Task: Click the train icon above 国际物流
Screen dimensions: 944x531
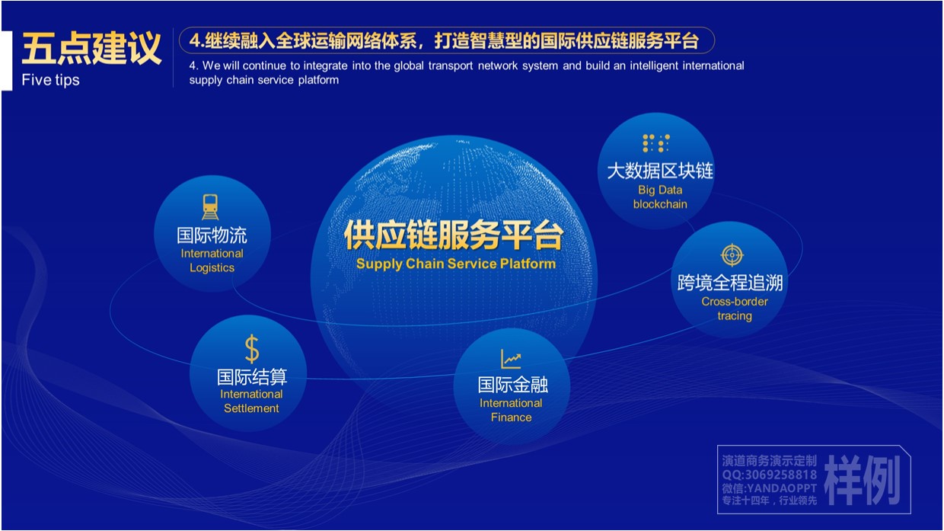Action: pyautogui.click(x=210, y=207)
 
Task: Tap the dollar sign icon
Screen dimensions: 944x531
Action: pyautogui.click(x=252, y=348)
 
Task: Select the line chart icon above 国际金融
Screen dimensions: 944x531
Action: pyautogui.click(x=511, y=359)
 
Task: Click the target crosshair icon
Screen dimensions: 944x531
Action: pyautogui.click(x=732, y=254)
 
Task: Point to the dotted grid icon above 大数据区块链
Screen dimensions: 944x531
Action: pyautogui.click(x=656, y=143)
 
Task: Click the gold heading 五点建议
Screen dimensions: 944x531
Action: pyautogui.click(x=91, y=49)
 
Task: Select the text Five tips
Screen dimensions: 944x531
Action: pyautogui.click(x=50, y=80)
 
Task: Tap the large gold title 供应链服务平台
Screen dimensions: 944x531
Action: pyautogui.click(x=454, y=235)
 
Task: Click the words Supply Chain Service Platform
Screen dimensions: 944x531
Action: pyautogui.click(x=456, y=264)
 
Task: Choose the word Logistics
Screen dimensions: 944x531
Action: pyautogui.click(x=212, y=268)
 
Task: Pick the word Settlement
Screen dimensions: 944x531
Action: pyautogui.click(x=251, y=408)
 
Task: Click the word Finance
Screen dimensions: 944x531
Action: pyautogui.click(x=511, y=417)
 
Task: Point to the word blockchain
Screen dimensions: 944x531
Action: pyautogui.click(x=660, y=204)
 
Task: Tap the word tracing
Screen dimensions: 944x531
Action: pyautogui.click(x=735, y=316)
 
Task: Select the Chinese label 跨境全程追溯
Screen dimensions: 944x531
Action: pyautogui.click(x=730, y=283)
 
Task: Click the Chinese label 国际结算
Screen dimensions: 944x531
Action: pyautogui.click(x=252, y=376)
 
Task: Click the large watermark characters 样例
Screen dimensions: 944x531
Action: pyautogui.click(x=863, y=480)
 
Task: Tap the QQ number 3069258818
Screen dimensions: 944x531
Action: pyautogui.click(x=781, y=475)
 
